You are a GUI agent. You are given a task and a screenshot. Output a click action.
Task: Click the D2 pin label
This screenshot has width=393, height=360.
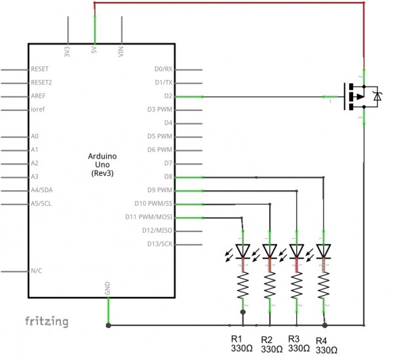click(168, 96)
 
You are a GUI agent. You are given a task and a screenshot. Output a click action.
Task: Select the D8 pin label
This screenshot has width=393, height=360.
click(168, 177)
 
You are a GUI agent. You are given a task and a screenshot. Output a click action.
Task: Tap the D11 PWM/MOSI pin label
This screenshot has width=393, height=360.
click(149, 217)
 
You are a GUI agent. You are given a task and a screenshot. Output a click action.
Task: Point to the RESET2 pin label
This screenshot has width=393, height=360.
click(41, 83)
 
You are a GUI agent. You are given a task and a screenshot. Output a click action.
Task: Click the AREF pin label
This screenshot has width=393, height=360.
click(38, 96)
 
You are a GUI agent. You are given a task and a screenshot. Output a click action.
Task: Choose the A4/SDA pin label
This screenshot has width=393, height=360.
click(41, 190)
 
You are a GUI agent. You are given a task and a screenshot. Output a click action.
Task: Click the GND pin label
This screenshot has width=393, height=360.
click(107, 289)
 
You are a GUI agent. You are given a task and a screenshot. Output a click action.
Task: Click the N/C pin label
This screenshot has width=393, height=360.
click(37, 271)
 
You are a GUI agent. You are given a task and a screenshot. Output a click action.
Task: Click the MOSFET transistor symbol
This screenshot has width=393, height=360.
click(359, 96)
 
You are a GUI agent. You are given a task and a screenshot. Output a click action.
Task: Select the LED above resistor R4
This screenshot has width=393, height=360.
click(324, 251)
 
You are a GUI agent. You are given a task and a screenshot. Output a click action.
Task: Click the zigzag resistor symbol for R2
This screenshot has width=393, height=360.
click(270, 285)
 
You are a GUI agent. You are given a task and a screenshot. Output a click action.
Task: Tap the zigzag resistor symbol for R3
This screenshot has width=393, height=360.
click(297, 285)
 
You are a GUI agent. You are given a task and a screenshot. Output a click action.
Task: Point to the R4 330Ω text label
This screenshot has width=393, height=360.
click(326, 346)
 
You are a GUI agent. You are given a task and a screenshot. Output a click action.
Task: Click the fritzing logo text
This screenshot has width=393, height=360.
click(47, 321)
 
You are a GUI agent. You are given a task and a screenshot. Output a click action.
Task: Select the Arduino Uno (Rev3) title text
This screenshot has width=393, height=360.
click(101, 164)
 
